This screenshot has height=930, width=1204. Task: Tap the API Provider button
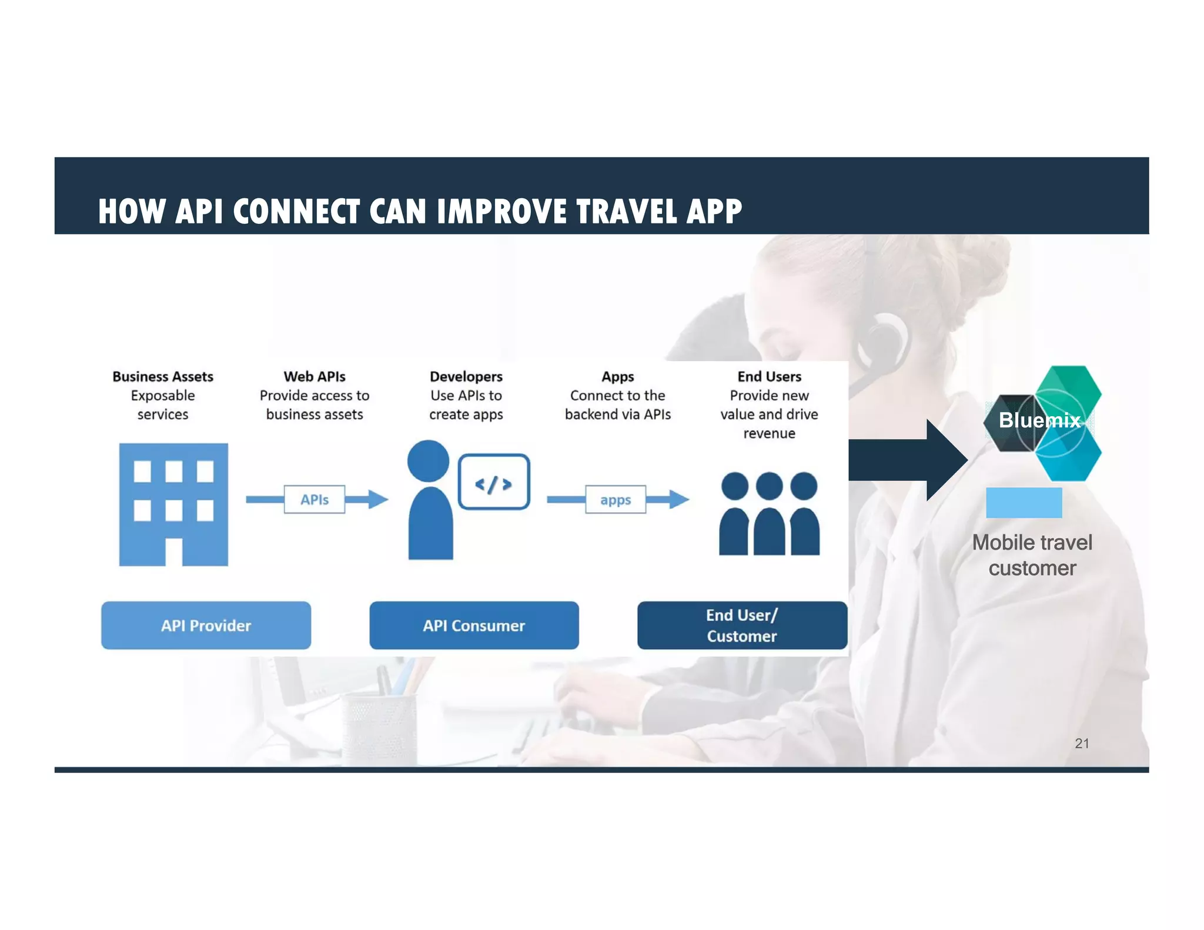click(206, 625)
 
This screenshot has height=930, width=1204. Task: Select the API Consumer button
click(474, 625)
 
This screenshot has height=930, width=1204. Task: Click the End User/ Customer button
click(742, 625)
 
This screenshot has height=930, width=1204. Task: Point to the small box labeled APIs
click(315, 500)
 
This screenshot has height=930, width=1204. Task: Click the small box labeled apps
click(616, 500)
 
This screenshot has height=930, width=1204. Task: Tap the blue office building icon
click(173, 504)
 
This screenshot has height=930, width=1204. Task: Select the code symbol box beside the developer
click(494, 482)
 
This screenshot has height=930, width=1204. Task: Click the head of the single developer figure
click(428, 460)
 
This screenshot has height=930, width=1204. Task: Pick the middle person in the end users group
click(769, 514)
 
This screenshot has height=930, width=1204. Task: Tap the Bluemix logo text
click(1039, 420)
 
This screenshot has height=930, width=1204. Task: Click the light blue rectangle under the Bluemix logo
click(1024, 503)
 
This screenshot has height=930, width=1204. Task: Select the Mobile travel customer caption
click(1032, 555)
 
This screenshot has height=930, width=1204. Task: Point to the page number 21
click(1082, 743)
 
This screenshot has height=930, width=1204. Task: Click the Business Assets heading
click(163, 376)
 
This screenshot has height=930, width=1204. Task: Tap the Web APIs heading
click(315, 376)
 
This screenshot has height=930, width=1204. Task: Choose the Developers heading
click(466, 376)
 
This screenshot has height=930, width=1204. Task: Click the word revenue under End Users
click(769, 433)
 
